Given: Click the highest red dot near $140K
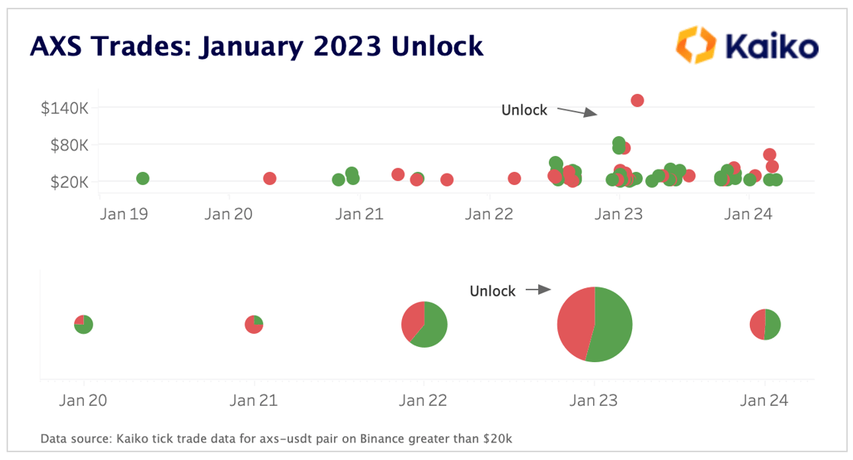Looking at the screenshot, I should click(x=637, y=100).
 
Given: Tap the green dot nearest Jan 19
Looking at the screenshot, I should click(x=142, y=178).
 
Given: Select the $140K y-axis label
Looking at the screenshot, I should click(x=64, y=108).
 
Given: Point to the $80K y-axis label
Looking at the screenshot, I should click(x=68, y=145).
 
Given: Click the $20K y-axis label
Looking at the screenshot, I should click(x=68, y=182).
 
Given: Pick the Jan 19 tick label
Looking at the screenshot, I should click(x=124, y=215).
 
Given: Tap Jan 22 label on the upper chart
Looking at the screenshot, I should click(x=489, y=215).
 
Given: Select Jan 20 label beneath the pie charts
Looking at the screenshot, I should click(x=83, y=400).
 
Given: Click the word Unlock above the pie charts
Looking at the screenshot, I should click(x=492, y=291).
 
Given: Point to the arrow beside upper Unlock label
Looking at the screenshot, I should click(x=576, y=112).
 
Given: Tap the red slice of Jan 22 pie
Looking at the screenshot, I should click(x=412, y=320).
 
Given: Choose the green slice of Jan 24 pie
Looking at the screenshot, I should click(x=772, y=325).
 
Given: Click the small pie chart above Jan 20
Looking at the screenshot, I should click(x=83, y=324).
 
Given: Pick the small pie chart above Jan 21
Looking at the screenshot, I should click(x=254, y=324).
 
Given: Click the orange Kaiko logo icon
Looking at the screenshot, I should click(x=694, y=44).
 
